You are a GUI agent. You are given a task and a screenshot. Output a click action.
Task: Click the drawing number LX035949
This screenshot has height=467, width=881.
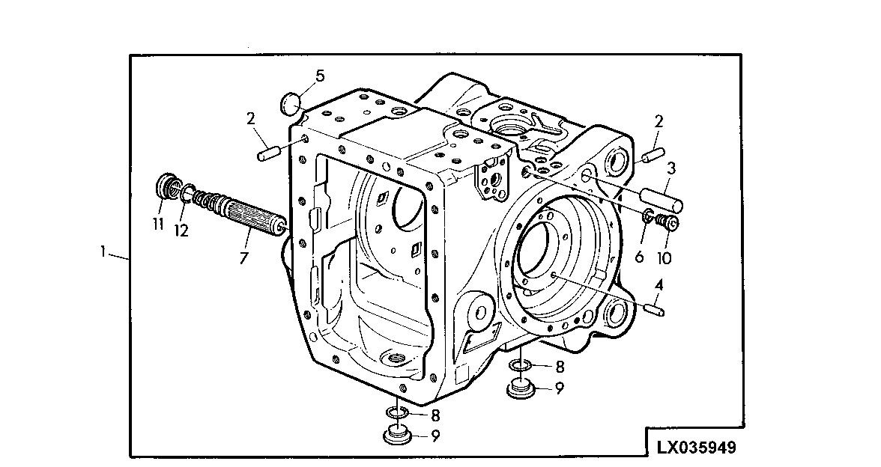click(x=696, y=448)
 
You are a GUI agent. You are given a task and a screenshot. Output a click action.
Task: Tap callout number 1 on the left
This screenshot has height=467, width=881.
click(x=103, y=252)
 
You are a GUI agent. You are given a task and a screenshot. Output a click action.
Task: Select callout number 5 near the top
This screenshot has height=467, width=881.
click(x=320, y=76)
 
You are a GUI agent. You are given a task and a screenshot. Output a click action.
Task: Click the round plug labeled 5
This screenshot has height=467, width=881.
click(x=291, y=103)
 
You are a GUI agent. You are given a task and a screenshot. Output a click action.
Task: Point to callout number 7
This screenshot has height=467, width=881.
click(x=245, y=258)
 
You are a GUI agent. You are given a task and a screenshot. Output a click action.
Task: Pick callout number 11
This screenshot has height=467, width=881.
click(x=158, y=224)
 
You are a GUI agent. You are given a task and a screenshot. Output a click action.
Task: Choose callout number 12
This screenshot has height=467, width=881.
click(x=181, y=231)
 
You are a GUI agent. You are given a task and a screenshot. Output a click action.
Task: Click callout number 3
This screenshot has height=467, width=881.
click(x=671, y=168)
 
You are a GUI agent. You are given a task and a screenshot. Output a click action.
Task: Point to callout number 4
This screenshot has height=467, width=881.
click(x=659, y=285)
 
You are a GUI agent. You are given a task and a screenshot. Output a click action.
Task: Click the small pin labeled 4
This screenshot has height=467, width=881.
click(x=654, y=308)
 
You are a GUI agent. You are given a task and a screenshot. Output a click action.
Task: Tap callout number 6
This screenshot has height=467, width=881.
click(x=639, y=257)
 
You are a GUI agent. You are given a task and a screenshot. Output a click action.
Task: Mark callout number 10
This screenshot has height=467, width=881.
click(x=664, y=258)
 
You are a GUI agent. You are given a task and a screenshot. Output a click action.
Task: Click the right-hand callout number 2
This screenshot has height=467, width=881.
click(x=659, y=121)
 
